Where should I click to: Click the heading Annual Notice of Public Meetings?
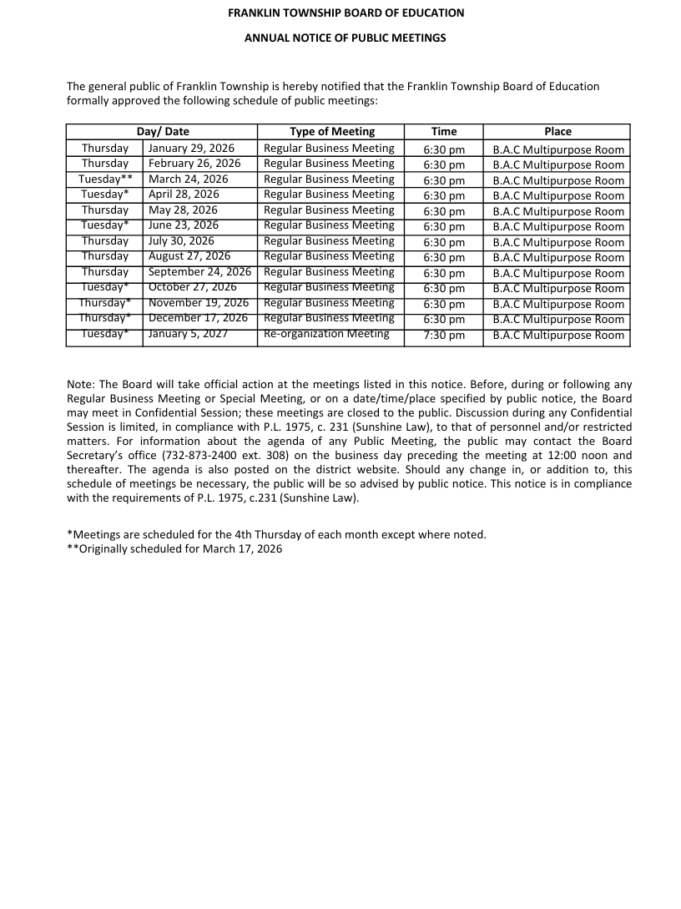coord(345,38)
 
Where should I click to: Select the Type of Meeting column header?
coord(331,131)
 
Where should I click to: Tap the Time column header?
coord(444,131)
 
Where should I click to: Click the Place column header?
coord(557,131)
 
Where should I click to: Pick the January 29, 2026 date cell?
coord(191,149)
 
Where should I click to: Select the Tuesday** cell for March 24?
coord(105,179)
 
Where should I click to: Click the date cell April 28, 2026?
coord(184,194)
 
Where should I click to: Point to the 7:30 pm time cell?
coord(444,336)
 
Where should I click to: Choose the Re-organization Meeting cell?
coord(326,334)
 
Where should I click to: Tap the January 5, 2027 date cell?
coord(188,334)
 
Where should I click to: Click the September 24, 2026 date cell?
coord(199,272)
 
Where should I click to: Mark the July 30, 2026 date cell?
coord(181,241)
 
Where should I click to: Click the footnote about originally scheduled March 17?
coord(174,548)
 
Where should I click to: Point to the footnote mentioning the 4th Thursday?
coord(276,534)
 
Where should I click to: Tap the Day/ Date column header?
coord(163,131)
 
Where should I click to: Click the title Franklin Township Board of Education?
coord(346,13)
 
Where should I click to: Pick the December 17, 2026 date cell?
coord(198,318)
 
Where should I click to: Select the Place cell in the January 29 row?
coord(557,150)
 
